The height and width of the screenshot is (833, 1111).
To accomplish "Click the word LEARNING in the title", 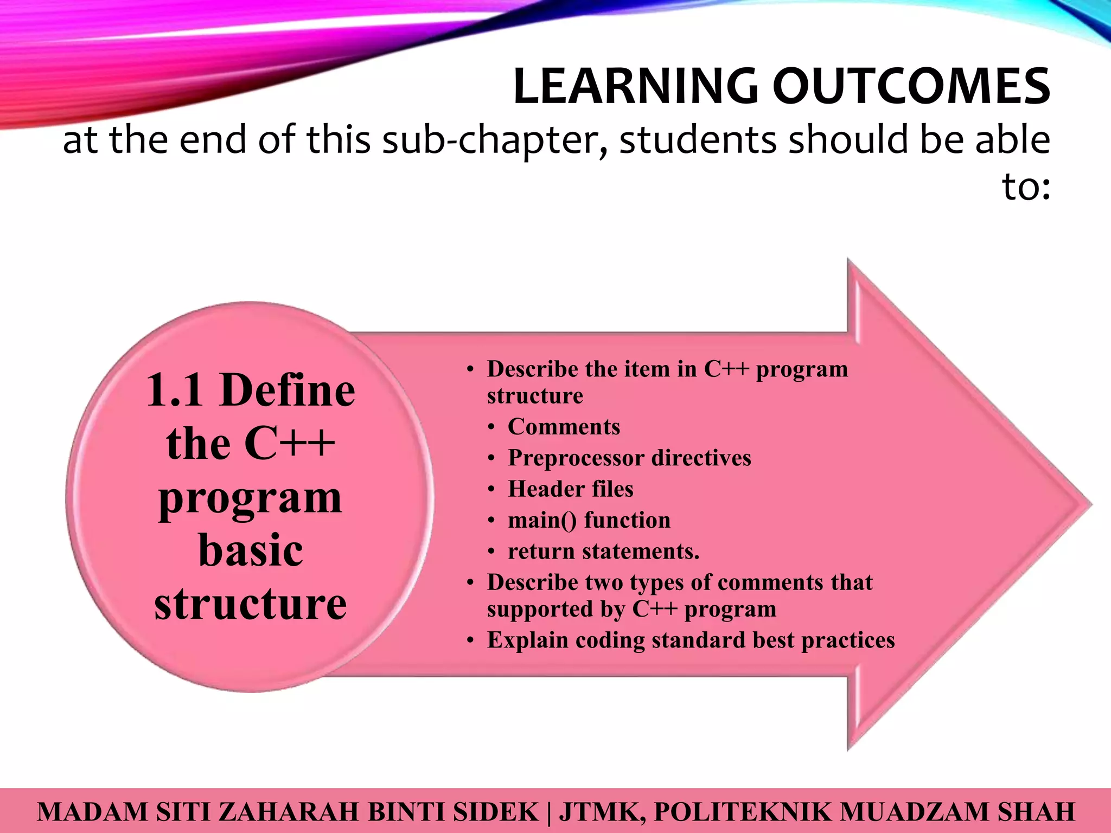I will coord(636,87).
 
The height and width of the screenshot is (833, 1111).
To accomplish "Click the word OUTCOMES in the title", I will coord(911,87).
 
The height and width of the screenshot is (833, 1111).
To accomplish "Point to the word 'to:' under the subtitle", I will coord(1025,187).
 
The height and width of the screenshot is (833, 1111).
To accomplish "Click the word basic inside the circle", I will coord(251,550).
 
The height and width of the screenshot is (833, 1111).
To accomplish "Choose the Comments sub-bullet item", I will coord(563,427).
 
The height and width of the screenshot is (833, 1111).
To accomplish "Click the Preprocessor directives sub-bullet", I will coord(629,458).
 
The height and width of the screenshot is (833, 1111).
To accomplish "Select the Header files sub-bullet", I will coord(570,489).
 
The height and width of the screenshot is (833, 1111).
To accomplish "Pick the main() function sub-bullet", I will coord(589,520).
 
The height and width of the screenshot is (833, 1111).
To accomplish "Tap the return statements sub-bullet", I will coord(603,552).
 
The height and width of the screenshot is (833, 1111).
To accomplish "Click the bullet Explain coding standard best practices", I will coord(690,640).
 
